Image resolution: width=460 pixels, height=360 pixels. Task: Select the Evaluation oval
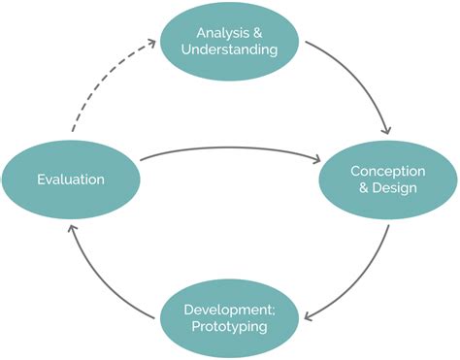[71, 179]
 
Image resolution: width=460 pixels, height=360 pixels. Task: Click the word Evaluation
[71, 179]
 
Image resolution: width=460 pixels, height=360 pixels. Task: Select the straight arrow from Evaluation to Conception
[233, 150]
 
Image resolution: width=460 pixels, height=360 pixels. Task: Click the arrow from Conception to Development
[359, 281]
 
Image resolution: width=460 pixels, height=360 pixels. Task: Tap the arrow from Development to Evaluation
[97, 281]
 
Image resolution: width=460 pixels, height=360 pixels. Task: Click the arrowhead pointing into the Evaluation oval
[69, 225]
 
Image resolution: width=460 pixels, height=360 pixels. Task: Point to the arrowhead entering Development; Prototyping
[308, 315]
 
